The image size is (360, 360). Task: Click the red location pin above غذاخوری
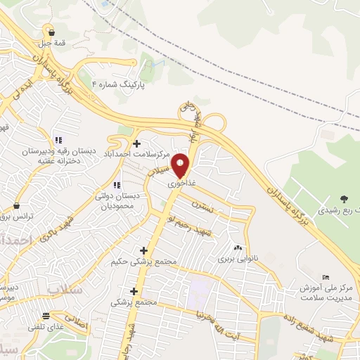coord(181,165)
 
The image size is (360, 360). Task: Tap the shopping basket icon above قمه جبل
coord(51,32)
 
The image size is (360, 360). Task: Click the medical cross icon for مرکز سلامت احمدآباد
coord(137,143)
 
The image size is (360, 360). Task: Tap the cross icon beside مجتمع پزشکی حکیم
coord(144,250)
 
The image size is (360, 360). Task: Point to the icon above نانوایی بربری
coord(237,247)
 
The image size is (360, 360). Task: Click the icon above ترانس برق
coord(16,206)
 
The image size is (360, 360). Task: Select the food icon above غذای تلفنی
coord(46,315)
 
